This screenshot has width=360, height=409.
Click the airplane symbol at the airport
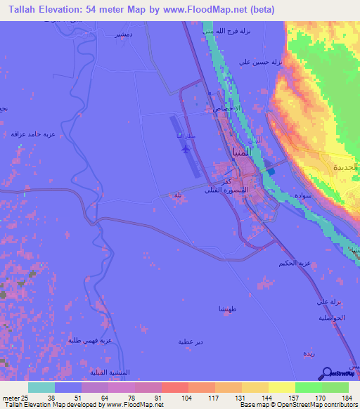pyautogui.click(x=185, y=149)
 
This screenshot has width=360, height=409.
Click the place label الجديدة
pyautogui.click(x=346, y=167)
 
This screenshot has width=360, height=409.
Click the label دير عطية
pyautogui.click(x=191, y=342)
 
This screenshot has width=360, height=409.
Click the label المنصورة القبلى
pyautogui.click(x=223, y=190)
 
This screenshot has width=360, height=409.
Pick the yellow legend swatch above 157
pyautogui.click(x=282, y=387)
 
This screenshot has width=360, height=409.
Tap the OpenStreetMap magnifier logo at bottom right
pyautogui.click(x=327, y=373)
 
